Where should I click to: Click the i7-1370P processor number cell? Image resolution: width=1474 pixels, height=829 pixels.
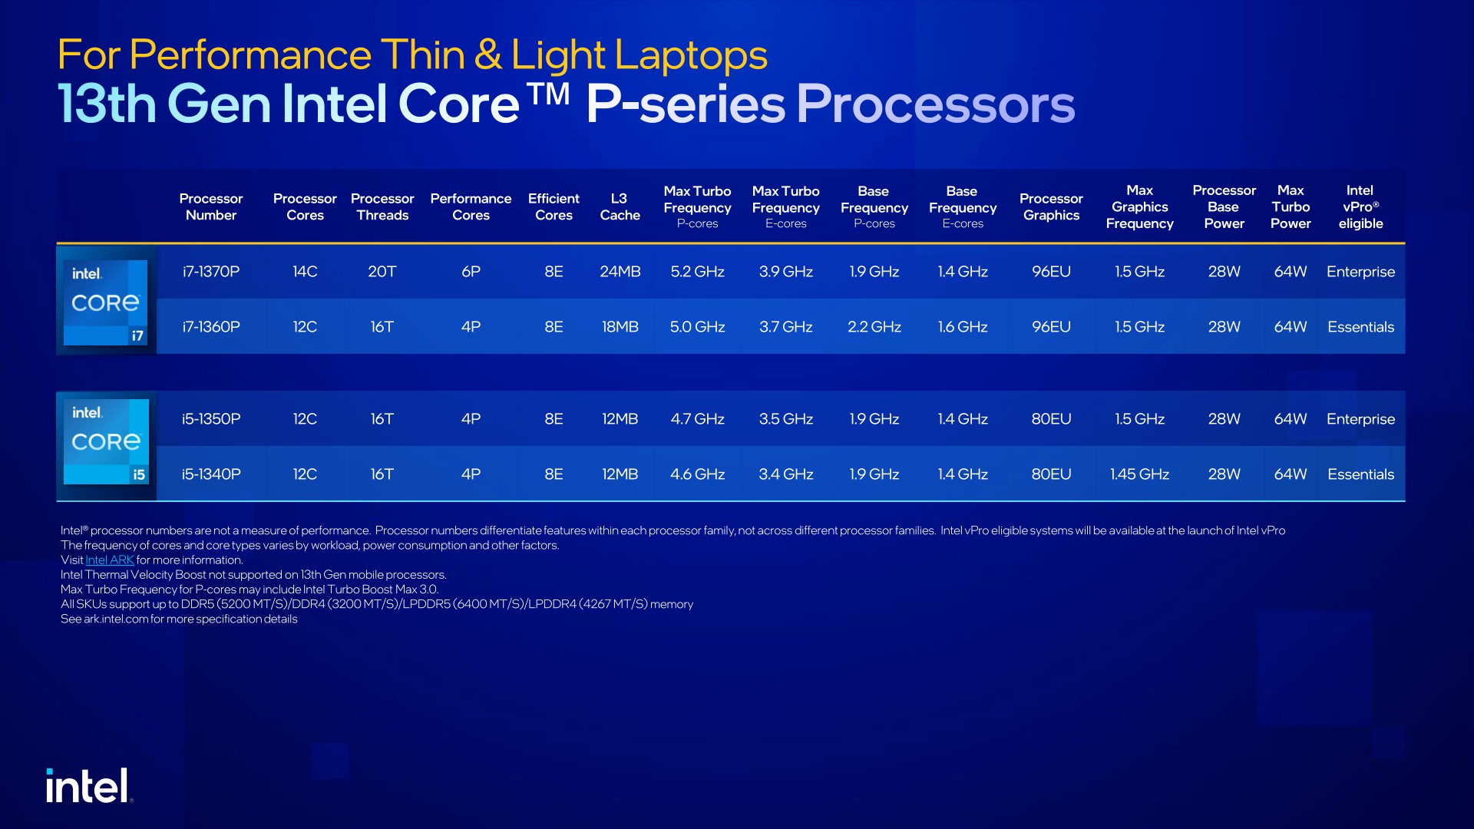[x=211, y=272]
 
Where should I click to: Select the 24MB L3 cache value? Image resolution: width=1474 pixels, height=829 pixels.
[x=620, y=272]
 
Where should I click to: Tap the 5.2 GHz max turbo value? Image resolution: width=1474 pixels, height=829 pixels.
[x=697, y=272]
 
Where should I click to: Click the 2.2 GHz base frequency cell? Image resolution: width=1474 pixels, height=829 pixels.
[x=874, y=327]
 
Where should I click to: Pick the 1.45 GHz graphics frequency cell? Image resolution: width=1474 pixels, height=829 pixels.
[x=1139, y=474]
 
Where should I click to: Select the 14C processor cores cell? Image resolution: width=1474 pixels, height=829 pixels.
[x=305, y=272]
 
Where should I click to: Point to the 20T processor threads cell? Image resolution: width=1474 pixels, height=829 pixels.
[x=382, y=272]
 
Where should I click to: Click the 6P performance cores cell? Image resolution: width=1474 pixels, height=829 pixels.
[x=471, y=272]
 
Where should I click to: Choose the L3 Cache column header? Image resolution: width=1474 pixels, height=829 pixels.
[x=620, y=207]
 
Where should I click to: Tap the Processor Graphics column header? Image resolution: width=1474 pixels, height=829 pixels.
[x=1051, y=207]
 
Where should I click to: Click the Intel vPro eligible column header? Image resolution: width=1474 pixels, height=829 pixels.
[x=1360, y=207]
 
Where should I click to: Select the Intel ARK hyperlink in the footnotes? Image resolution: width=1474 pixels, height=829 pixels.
[x=110, y=560]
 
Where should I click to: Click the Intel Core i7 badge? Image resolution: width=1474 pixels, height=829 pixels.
[x=106, y=302]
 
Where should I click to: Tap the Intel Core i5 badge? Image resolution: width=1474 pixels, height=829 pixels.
[x=106, y=441]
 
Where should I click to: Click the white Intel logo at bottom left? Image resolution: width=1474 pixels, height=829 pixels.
[x=88, y=786]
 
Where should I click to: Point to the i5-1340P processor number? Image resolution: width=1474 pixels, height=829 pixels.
[x=211, y=474]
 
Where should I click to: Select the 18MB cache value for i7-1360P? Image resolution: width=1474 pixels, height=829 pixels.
[x=620, y=327]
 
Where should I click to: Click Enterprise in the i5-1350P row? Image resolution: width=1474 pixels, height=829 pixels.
[x=1360, y=419]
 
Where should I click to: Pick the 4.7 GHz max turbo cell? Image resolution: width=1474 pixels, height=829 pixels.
[x=697, y=419]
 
